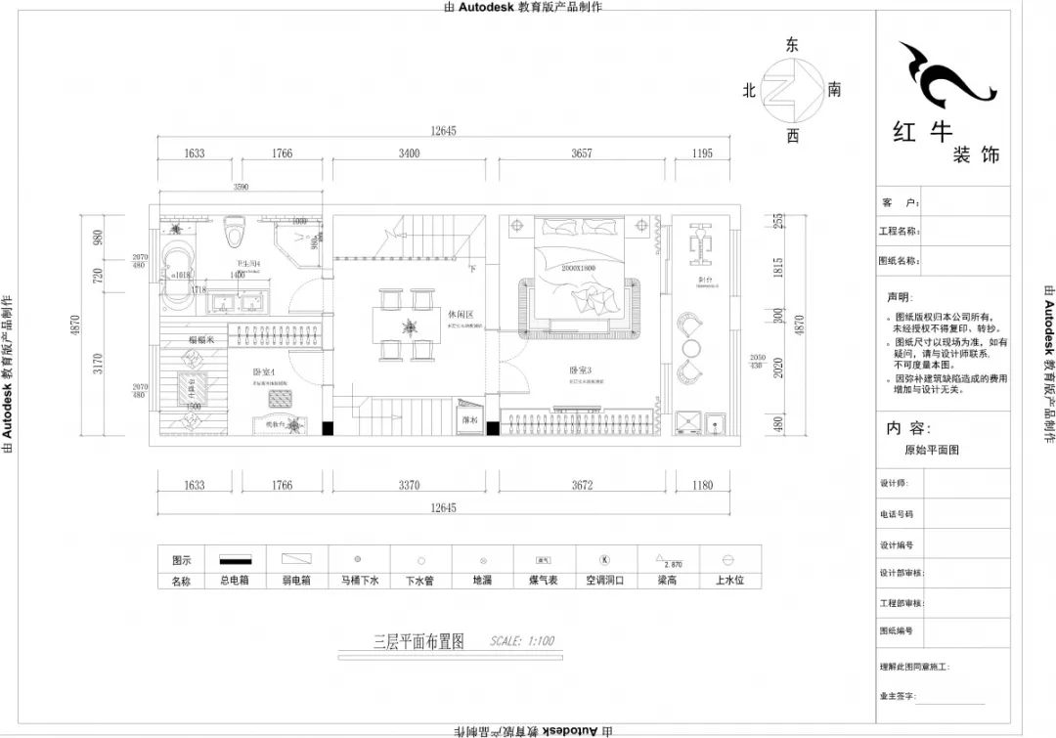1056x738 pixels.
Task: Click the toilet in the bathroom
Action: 233,233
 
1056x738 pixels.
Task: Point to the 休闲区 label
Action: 461,315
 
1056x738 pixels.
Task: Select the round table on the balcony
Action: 691,348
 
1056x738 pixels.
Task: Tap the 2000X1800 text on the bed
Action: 579,267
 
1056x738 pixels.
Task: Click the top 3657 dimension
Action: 581,152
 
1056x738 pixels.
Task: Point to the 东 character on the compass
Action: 792,45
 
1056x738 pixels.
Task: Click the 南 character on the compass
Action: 834,90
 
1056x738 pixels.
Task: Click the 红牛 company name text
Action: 922,132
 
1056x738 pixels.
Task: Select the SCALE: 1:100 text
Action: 522,641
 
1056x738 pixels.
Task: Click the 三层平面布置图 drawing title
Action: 418,642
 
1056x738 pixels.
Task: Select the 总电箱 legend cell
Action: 235,581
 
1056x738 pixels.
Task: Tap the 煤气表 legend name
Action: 544,581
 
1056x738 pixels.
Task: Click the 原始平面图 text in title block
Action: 932,451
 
